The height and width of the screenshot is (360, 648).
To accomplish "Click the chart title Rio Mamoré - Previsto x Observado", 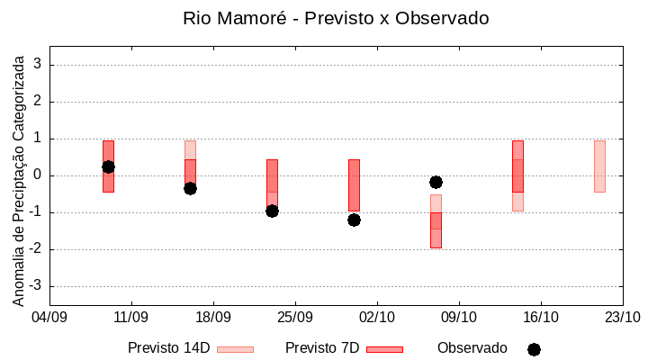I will [x=336, y=18].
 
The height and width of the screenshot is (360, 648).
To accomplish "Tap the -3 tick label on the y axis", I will [x=35, y=286].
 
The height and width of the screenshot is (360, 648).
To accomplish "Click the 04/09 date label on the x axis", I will [x=49, y=317].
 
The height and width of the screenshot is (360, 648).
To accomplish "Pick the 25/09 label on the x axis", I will [x=294, y=317].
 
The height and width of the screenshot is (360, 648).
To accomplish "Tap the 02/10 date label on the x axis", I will [x=377, y=317].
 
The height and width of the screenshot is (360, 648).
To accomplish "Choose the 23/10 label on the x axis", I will [x=622, y=317].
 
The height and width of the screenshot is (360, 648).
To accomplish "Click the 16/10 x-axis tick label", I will [x=540, y=317].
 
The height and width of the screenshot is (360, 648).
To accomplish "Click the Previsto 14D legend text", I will [x=169, y=348].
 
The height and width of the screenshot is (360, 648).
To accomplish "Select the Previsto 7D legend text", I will [x=322, y=348].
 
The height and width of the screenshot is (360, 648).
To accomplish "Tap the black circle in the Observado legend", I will [x=534, y=349].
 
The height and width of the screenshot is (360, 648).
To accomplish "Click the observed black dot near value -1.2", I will [x=354, y=220].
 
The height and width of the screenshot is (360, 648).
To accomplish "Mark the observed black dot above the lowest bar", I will [x=436, y=182].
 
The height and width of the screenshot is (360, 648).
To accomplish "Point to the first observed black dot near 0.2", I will [x=108, y=166].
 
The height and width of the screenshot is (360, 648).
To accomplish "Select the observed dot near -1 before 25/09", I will [x=272, y=211].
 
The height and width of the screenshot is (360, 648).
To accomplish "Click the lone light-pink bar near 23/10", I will [x=599, y=166].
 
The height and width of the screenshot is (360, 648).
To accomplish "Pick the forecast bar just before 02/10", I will [x=354, y=185].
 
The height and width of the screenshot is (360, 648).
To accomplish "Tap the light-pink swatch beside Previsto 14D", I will [x=235, y=349].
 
